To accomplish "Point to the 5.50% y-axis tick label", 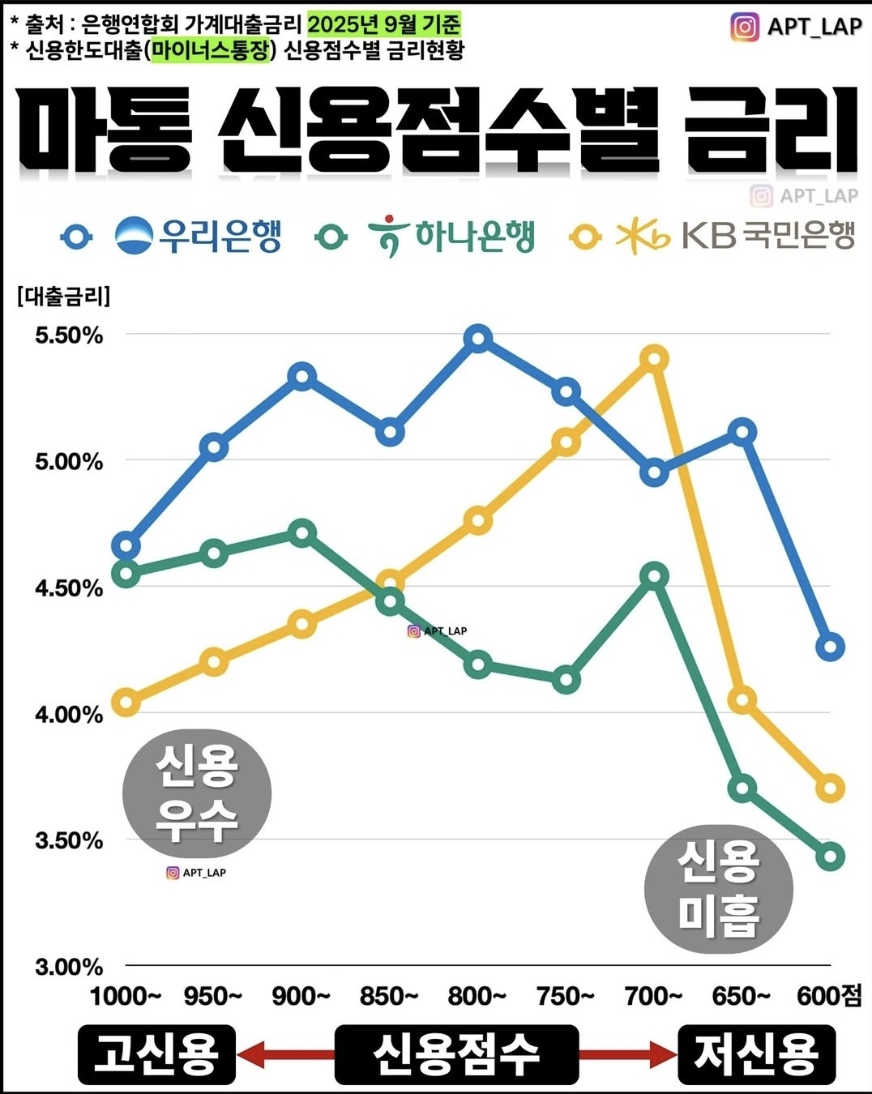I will pyautogui.click(x=69, y=335).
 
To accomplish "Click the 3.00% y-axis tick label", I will pyautogui.click(x=69, y=967).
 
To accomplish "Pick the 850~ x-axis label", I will pyautogui.click(x=389, y=996).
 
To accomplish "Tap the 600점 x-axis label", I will pyautogui.click(x=829, y=996).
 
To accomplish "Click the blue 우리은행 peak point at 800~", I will pyautogui.click(x=478, y=338).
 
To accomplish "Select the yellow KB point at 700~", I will pyautogui.click(x=654, y=358).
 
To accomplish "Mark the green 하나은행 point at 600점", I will pyautogui.click(x=831, y=857).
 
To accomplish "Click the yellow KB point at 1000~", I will pyautogui.click(x=126, y=702).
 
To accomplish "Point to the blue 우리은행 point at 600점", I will pyautogui.click(x=831, y=647).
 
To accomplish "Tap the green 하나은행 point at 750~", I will pyautogui.click(x=566, y=679).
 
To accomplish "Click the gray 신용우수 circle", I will pyautogui.click(x=196, y=792).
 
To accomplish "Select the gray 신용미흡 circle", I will pyautogui.click(x=718, y=889).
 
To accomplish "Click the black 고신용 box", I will pyautogui.click(x=156, y=1054).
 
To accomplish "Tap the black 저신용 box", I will pyautogui.click(x=756, y=1054).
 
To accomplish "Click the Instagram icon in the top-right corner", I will pyautogui.click(x=745, y=27).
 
